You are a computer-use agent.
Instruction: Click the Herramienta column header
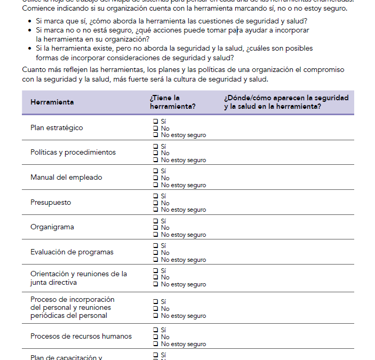pos(52,102)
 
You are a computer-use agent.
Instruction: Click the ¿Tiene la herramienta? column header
pos(172,102)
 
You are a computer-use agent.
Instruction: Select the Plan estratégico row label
pos(57,128)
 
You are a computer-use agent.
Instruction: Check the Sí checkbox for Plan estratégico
pos(156,122)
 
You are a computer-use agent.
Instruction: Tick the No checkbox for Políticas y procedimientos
pos(156,153)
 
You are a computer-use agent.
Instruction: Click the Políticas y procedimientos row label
pos(73,153)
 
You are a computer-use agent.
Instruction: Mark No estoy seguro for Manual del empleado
pos(156,185)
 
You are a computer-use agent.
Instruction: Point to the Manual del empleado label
pos(66,178)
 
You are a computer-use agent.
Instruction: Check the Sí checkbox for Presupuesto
pos(156,196)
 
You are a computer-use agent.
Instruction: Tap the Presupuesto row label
pos(51,203)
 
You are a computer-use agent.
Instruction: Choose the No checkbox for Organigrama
pos(156,228)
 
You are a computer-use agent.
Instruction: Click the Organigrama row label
pos(52,227)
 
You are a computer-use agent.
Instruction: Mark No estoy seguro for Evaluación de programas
pos(156,260)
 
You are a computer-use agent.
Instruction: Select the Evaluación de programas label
pos(72,252)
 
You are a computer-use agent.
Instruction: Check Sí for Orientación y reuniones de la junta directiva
pos(156,270)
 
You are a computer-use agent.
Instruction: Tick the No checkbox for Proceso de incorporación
pos(156,309)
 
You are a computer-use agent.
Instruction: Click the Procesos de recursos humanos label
pos(81,337)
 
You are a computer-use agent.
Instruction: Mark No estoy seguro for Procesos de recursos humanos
pos(156,344)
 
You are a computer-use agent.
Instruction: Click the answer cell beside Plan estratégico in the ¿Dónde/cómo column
pos(288,128)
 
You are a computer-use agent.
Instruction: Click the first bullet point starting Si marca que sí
pos(171,21)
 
